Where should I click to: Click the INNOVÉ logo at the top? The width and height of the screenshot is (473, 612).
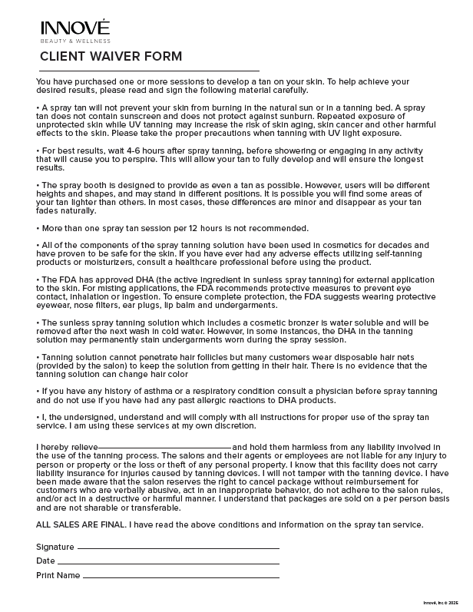tap(75, 28)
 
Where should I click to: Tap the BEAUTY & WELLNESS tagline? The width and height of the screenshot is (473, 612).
tap(75, 41)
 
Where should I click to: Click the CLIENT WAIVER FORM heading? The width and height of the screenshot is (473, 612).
tap(111, 56)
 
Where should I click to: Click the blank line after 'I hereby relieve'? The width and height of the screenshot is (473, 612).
tap(164, 447)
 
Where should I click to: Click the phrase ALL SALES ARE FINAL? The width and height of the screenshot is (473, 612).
tap(81, 524)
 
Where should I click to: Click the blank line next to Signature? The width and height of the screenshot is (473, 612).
tap(178, 547)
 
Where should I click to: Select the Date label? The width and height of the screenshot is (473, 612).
tap(45, 561)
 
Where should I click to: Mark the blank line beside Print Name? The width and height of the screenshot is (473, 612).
tap(180, 575)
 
